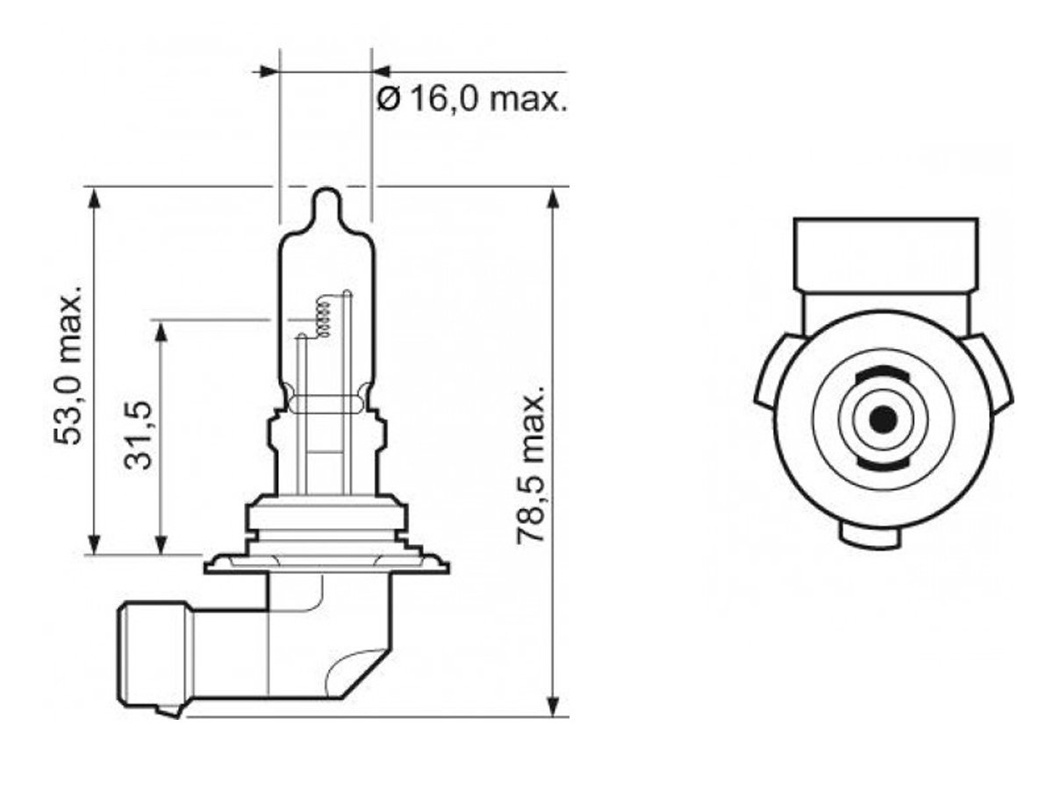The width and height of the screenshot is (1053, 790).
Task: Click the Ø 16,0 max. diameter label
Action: coord(472,99)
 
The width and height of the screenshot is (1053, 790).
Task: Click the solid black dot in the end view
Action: coord(885,420)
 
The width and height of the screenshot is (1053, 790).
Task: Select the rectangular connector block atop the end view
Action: coord(885,254)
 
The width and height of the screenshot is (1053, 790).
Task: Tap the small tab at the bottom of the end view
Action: coord(870,532)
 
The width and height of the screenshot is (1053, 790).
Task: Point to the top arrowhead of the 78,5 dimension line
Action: coord(553,197)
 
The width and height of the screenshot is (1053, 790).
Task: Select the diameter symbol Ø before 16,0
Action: coord(388,99)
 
